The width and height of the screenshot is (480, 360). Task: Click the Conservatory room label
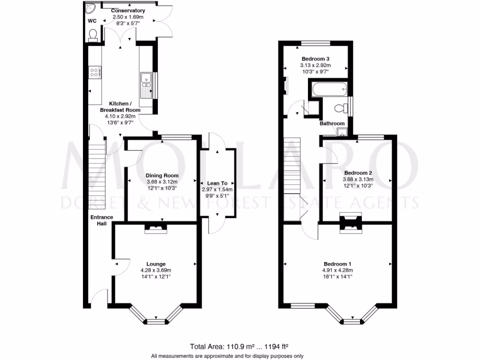coord(128,11)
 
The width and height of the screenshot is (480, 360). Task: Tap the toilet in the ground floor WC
coord(93,36)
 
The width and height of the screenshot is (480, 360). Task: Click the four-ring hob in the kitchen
coord(95,73)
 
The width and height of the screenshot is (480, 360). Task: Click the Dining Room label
coord(162,175)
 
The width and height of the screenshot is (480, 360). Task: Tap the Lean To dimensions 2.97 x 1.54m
coord(217,189)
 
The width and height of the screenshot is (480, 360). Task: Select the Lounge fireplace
coord(156,229)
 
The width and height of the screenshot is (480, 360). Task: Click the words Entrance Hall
coord(102,220)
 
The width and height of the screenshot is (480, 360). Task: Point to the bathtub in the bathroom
coord(330,90)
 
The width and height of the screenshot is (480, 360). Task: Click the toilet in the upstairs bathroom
coord(341,108)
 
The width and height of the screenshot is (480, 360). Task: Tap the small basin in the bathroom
coord(342,132)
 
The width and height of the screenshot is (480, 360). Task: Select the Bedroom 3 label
coord(315,59)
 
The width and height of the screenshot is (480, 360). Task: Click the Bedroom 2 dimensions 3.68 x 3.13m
coord(358,180)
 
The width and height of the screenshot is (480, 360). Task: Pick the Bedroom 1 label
coord(337,264)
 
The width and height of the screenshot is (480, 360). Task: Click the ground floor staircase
coord(97,174)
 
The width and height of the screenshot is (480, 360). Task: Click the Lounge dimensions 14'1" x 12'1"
coord(156,277)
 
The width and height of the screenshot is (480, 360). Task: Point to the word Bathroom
coord(332,123)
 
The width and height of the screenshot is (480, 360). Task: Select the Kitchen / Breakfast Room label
coord(120,107)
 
